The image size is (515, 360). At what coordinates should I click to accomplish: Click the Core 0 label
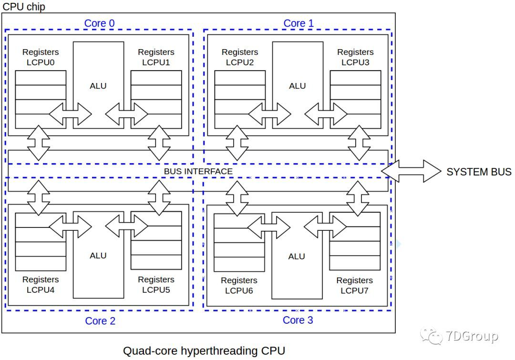pyautogui.click(x=99, y=23)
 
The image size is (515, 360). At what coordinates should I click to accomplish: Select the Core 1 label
pyautogui.click(x=299, y=23)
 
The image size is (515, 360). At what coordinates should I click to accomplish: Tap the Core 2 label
pyautogui.click(x=100, y=321)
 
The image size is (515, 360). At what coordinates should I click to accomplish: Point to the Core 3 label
pyautogui.click(x=298, y=320)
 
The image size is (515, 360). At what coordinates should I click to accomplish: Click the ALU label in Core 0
pyautogui.click(x=98, y=86)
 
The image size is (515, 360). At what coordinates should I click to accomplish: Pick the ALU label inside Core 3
pyautogui.click(x=297, y=256)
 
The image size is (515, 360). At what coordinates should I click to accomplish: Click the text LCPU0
pyautogui.click(x=41, y=62)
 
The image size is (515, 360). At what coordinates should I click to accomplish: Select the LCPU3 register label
pyautogui.click(x=355, y=62)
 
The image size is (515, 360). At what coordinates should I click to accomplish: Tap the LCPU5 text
pyautogui.click(x=156, y=290)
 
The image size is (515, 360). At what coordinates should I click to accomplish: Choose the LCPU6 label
pyautogui.click(x=239, y=290)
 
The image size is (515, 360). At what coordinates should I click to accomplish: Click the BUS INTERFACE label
pyautogui.click(x=198, y=171)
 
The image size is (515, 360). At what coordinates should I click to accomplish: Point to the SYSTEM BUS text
pyautogui.click(x=479, y=172)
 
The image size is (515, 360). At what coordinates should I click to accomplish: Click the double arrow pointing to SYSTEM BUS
pyautogui.click(x=411, y=171)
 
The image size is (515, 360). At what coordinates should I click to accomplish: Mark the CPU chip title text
pyautogui.click(x=24, y=7)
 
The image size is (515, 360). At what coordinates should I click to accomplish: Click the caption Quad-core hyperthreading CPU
pyautogui.click(x=204, y=351)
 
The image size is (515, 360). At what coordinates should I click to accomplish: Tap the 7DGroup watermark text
pyautogui.click(x=472, y=336)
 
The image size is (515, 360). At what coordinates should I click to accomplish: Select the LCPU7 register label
pyautogui.click(x=354, y=290)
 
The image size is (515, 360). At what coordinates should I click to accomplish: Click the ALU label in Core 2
pyautogui.click(x=98, y=256)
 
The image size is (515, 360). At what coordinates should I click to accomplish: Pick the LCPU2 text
pyautogui.click(x=240, y=62)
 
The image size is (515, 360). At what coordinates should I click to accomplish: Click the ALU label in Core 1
pyautogui.click(x=298, y=86)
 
